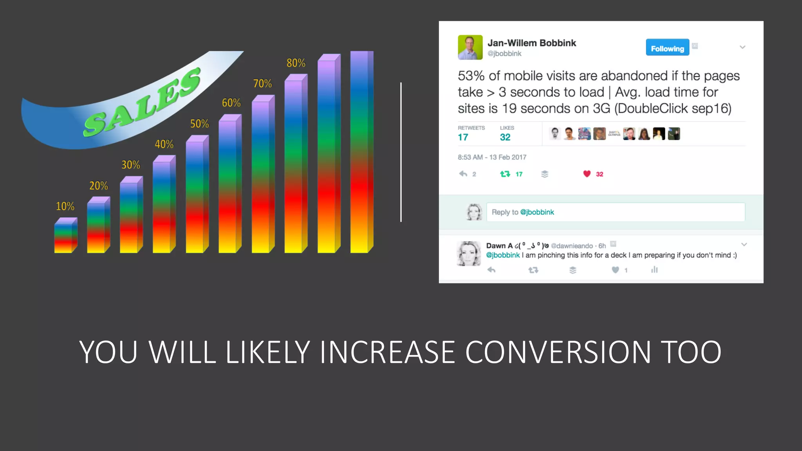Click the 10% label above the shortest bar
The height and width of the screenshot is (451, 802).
pyautogui.click(x=65, y=206)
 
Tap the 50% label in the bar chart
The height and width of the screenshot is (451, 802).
pyautogui.click(x=199, y=124)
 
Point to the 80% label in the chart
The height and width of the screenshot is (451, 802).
pyautogui.click(x=296, y=63)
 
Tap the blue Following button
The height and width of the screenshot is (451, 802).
pyautogui.click(x=667, y=47)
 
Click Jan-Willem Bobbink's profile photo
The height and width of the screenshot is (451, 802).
pyautogui.click(x=470, y=47)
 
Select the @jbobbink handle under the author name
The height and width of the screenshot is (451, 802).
pyautogui.click(x=504, y=54)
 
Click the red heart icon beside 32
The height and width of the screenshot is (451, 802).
pyautogui.click(x=587, y=174)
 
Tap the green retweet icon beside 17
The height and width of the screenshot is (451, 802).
pyautogui.click(x=505, y=174)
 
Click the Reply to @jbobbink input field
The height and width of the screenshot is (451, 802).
pyautogui.click(x=615, y=212)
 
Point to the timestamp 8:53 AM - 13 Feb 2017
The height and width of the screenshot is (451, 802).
pyautogui.click(x=492, y=157)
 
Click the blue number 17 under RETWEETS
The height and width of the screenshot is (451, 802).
pyautogui.click(x=463, y=137)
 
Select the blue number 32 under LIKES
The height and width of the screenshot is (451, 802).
pyautogui.click(x=505, y=137)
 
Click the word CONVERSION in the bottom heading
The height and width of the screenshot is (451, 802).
pyautogui.click(x=558, y=352)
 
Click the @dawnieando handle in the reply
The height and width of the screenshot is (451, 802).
pyautogui.click(x=572, y=246)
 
